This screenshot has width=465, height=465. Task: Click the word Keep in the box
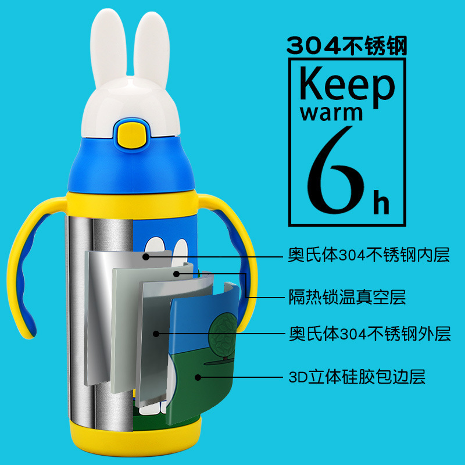347,85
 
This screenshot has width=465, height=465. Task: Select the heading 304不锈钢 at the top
347,45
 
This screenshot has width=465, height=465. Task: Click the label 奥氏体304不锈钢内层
369,255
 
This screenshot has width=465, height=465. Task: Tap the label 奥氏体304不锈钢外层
370,334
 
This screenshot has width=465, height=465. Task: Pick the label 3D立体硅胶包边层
357,377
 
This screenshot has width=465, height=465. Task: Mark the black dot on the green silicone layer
198,377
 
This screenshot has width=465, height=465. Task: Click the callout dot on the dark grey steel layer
156,334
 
